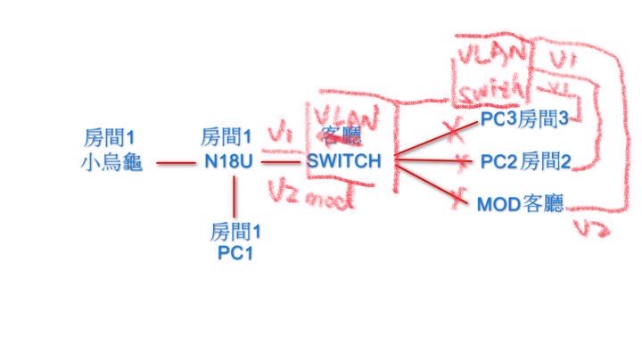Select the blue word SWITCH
(344, 161)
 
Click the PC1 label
(236, 253)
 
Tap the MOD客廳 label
(521, 204)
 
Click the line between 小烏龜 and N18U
(179, 163)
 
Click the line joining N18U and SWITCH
(281, 163)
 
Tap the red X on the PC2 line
(461, 162)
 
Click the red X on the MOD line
(461, 193)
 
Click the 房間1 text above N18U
(226, 138)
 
